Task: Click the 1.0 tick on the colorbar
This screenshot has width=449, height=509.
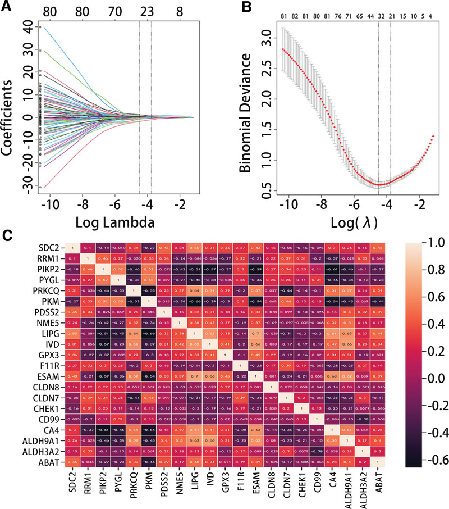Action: (x=434, y=242)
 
